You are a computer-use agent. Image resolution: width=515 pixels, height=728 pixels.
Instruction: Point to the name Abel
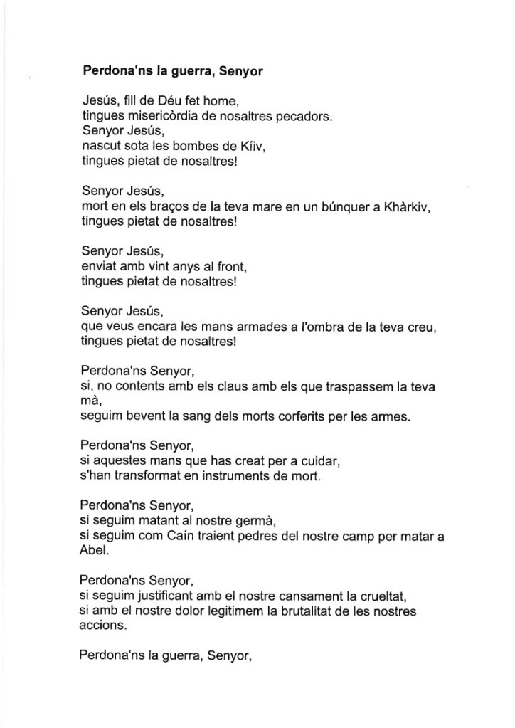pyautogui.click(x=92, y=551)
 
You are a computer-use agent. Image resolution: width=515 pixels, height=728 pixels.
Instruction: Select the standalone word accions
pyautogui.click(x=103, y=625)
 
